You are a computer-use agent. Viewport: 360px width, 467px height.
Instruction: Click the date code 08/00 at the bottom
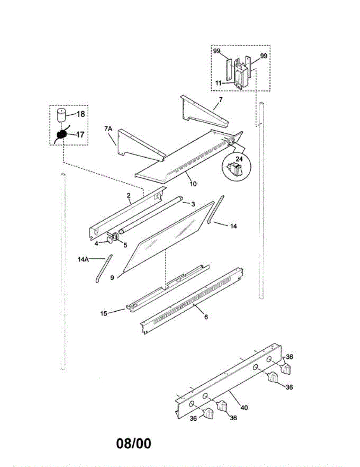pos(133,444)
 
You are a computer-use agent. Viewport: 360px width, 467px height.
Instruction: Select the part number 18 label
pos(80,114)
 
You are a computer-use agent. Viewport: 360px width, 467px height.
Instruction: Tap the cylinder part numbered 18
pos(60,116)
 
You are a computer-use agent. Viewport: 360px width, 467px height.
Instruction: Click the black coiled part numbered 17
pos(61,135)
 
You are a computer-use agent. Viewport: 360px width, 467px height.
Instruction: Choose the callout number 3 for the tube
pos(192,204)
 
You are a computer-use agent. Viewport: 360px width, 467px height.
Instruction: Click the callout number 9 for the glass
pos(112,278)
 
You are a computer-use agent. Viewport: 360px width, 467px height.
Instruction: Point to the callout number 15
pos(104,313)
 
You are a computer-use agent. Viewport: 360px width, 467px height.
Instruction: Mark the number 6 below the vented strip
pos(206,317)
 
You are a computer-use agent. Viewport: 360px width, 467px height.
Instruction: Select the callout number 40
pos(244,408)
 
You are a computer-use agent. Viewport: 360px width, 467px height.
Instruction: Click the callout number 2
pos(128,196)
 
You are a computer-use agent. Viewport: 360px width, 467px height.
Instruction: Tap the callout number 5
pos(125,245)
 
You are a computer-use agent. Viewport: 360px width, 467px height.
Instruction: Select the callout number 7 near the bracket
pos(220,100)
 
